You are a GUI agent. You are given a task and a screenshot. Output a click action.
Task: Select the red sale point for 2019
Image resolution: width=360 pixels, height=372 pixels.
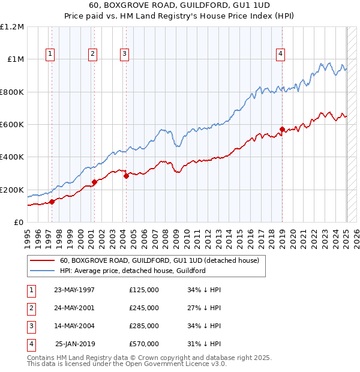pyautogui.click(x=282, y=129)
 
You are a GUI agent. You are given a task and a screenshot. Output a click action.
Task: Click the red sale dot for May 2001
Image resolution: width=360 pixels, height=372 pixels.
pyautogui.click(x=94, y=182)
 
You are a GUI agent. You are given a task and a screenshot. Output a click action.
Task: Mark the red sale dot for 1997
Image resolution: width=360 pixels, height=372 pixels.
pyautogui.click(x=52, y=202)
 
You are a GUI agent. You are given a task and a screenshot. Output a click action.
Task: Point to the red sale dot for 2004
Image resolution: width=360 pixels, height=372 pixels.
pyautogui.click(x=126, y=176)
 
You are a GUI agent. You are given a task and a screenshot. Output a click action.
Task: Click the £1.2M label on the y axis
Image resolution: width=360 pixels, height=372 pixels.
pyautogui.click(x=12, y=27)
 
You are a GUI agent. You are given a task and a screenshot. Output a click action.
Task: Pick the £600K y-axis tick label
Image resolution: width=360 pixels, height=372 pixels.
pyautogui.click(x=12, y=125)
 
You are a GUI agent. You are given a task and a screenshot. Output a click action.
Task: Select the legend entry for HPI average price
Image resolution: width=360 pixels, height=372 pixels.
pyautogui.click(x=133, y=271)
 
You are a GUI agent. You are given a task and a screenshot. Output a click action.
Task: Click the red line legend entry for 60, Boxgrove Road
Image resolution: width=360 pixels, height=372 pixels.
pyautogui.click(x=159, y=260)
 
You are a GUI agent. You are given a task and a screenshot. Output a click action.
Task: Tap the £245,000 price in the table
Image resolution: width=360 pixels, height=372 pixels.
pyautogui.click(x=143, y=308)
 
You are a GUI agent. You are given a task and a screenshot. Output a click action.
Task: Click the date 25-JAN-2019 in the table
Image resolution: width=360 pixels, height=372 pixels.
pyautogui.click(x=74, y=344)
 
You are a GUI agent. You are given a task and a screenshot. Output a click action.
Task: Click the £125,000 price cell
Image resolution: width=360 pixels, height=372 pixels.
pyautogui.click(x=143, y=290)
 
